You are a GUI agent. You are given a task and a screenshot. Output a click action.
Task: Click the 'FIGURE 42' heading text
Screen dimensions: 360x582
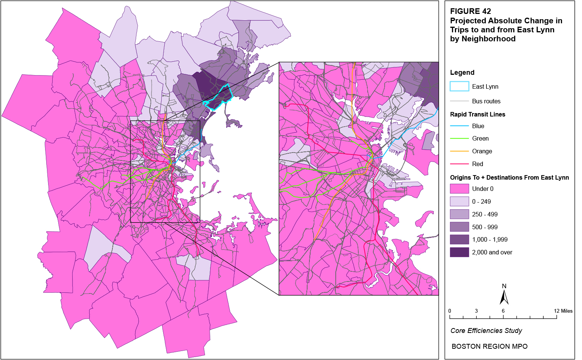(x=470, y=11)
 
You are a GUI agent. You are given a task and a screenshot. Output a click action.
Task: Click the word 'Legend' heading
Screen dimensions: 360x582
(x=462, y=73)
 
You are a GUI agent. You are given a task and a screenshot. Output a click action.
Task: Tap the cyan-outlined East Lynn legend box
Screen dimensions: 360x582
(x=459, y=86)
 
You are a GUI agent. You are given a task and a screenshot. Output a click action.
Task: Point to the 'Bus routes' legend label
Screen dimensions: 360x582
(x=486, y=101)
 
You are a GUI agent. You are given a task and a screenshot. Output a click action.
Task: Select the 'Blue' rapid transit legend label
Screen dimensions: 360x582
(x=478, y=126)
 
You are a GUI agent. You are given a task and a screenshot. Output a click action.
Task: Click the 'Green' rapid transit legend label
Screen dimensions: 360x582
(x=480, y=139)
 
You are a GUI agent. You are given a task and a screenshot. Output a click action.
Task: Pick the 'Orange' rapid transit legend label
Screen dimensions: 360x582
(x=482, y=151)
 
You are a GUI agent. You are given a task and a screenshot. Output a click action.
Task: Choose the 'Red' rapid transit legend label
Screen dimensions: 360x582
(x=477, y=164)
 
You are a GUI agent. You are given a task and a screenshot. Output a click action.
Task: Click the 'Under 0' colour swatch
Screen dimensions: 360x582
(x=459, y=189)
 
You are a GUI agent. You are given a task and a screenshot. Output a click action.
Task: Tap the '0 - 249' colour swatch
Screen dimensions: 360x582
(x=459, y=201)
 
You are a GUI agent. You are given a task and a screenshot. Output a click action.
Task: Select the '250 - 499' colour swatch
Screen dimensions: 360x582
(x=459, y=214)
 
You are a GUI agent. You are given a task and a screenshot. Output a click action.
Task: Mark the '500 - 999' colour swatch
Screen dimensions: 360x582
(x=459, y=227)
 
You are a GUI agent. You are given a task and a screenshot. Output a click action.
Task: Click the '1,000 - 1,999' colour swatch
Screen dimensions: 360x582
(x=459, y=239)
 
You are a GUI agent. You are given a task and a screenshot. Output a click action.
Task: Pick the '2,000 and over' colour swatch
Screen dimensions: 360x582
(x=459, y=252)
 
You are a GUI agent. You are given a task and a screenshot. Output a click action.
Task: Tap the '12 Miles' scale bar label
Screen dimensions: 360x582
(x=563, y=311)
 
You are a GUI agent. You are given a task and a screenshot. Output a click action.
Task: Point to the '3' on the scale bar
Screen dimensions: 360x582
(x=476, y=311)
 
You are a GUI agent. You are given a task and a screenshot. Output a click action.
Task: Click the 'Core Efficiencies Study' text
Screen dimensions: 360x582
(x=486, y=331)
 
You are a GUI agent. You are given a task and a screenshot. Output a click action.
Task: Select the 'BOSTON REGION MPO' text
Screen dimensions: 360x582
(x=490, y=346)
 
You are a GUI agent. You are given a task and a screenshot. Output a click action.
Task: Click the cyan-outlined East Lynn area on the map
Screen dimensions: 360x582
(x=220, y=98)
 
